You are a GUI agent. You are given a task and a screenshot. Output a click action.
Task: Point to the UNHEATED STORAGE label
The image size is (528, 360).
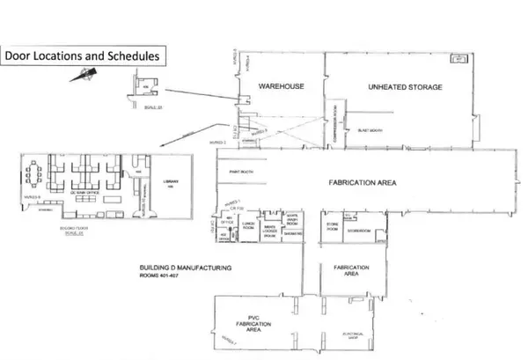click(x=404, y=87)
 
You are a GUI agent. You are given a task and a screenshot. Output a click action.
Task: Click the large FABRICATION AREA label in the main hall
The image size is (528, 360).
click(x=364, y=183)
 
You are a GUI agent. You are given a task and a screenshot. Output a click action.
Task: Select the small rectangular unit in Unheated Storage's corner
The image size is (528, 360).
click(x=458, y=60)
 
